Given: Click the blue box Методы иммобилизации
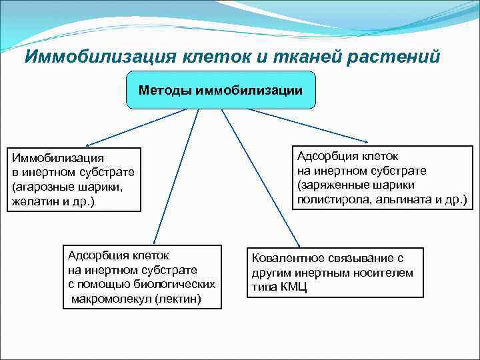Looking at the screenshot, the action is [x=221, y=89].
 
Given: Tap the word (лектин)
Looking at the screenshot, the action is [x=177, y=299].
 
